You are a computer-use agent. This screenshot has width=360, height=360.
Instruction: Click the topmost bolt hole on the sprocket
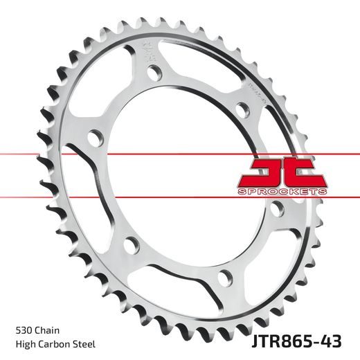[152, 73]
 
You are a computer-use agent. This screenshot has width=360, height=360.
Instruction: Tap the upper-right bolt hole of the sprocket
[242, 108]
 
